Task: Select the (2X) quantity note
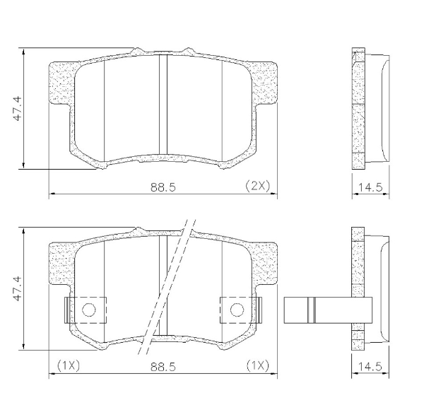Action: point(255,186)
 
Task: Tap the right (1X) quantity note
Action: point(257,366)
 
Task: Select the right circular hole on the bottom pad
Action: point(237,309)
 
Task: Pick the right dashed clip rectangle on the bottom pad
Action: point(241,309)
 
